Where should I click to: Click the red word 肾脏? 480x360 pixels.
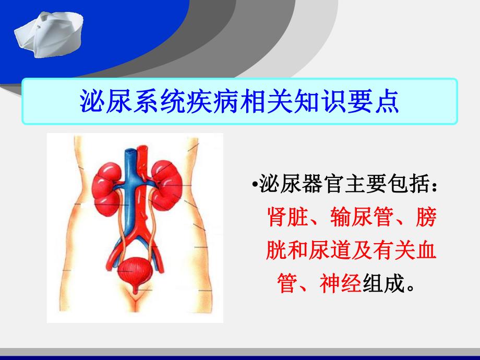pyautogui.click(x=286, y=218)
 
